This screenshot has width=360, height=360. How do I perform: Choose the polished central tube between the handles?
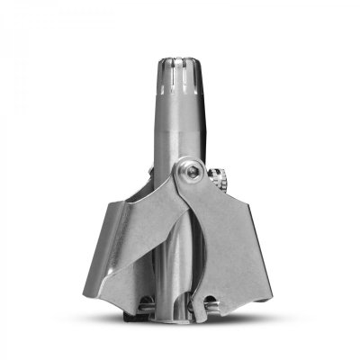[179, 261]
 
